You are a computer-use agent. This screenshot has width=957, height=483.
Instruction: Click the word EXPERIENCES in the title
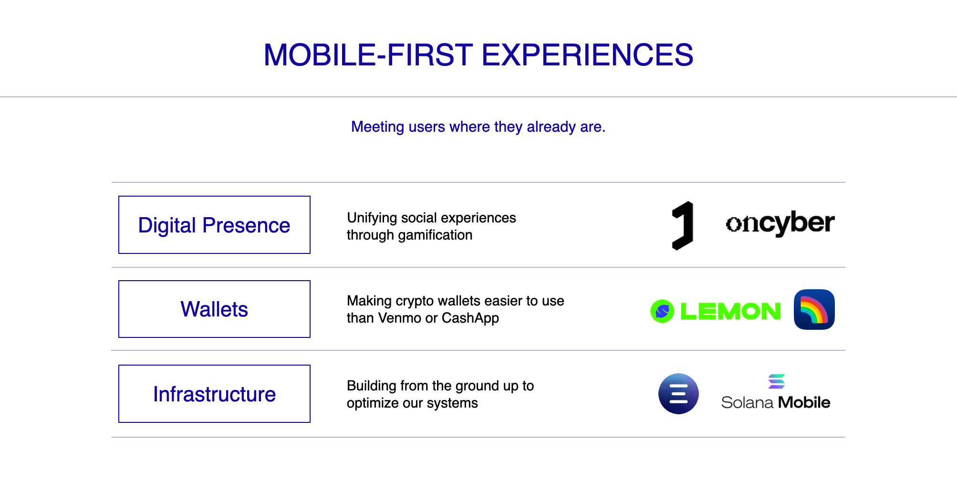tap(587, 55)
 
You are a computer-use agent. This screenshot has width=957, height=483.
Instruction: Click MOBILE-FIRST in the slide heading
tap(368, 55)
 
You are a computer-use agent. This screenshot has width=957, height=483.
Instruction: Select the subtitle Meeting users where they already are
tap(478, 127)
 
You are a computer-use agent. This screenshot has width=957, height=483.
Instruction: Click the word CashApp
tap(470, 318)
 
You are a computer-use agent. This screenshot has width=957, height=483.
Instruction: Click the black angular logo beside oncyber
tap(683, 225)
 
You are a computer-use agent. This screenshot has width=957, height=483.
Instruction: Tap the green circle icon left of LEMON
tap(662, 311)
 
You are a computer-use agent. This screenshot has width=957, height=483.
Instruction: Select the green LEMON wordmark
tap(730, 311)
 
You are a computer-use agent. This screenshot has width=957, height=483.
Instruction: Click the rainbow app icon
tap(814, 309)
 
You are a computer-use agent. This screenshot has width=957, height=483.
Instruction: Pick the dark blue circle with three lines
tap(678, 394)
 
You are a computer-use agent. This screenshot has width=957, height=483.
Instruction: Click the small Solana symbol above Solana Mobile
tap(777, 381)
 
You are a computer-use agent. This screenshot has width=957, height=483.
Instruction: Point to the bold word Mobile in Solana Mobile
tap(804, 402)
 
